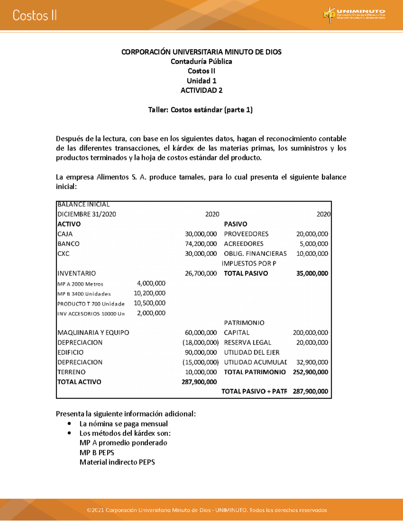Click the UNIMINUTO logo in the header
[354, 15]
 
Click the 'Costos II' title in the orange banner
[35, 15]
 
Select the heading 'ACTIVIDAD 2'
[201, 90]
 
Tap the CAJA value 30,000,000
[200, 234]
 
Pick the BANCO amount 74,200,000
[200, 244]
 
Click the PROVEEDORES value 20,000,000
[312, 234]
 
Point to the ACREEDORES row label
[243, 244]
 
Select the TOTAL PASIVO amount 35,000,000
[312, 273]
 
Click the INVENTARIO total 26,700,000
[200, 273]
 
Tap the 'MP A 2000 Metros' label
[80, 284]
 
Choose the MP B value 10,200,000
[149, 293]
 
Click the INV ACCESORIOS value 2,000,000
[151, 313]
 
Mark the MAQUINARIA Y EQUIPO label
[93, 332]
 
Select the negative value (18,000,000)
[200, 343]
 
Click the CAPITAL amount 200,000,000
[310, 332]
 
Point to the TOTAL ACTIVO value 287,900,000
[199, 382]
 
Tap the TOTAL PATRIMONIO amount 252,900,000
[310, 372]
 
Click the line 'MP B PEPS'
[97, 453]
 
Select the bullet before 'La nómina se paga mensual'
[69, 424]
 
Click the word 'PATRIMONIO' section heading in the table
[244, 323]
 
